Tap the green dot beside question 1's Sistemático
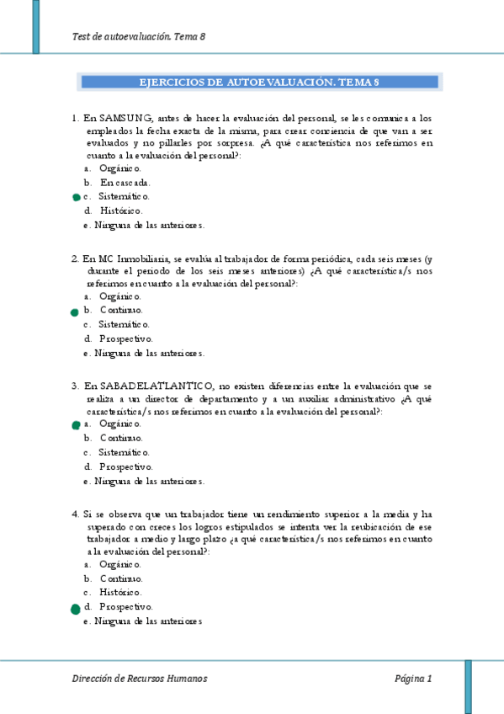point(76,197)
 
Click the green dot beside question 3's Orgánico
point(76,425)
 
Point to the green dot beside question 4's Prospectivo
point(76,607)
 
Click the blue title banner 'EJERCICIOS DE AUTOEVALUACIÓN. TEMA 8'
point(258,82)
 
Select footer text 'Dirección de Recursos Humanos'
point(140,679)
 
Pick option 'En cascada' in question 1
point(125,182)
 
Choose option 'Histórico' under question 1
point(121,210)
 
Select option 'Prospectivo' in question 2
point(125,338)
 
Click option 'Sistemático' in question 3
point(125,452)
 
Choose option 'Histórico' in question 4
point(121,592)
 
